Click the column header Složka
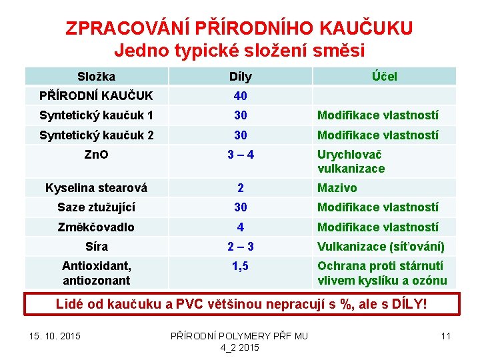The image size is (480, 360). click(96, 76)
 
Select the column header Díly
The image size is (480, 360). click(240, 76)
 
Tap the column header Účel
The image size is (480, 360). click(384, 76)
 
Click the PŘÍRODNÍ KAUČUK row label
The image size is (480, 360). click(96, 96)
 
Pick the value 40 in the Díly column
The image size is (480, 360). click(240, 96)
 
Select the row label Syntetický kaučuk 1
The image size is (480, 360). click(96, 115)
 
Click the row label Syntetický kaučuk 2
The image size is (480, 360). click(96, 135)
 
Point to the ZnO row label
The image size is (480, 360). click(96, 155)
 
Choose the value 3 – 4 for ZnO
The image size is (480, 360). click(240, 155)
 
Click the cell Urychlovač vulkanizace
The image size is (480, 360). click(351, 161)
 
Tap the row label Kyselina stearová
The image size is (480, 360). click(96, 188)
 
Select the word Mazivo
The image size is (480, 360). click(337, 188)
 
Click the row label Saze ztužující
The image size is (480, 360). click(96, 207)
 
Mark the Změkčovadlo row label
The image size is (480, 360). click(96, 227)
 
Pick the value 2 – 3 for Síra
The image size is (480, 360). click(240, 247)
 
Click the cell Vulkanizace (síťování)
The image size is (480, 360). click(381, 247)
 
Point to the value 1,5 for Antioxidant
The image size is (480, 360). click(240, 266)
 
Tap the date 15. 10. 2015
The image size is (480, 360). click(55, 335)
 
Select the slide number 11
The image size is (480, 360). click(445, 335)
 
